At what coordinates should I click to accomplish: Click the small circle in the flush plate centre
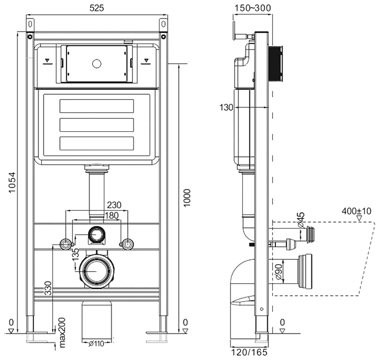tap(97, 64)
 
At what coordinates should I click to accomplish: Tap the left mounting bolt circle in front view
tap(66, 243)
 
